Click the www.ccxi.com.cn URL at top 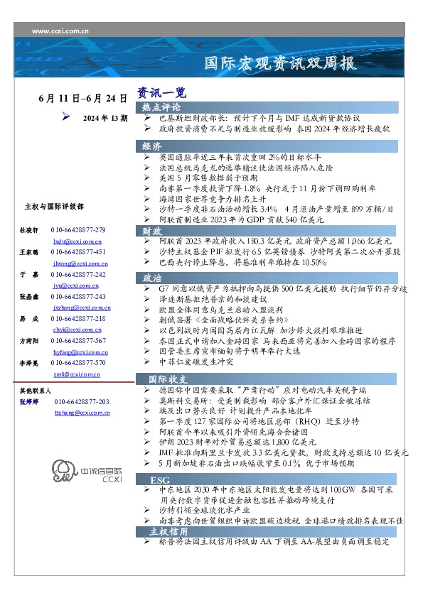coord(60,31)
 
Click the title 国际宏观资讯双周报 coord(279,63)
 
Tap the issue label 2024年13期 coord(105,118)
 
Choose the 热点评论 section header coord(161,107)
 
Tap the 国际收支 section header coord(167,379)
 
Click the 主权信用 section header coord(168,531)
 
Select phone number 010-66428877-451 coord(78,252)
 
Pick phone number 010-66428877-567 coord(78,342)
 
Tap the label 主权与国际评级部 coord(54,207)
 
